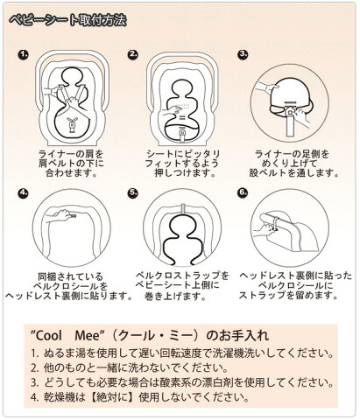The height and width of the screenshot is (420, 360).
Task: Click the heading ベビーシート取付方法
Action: pyautogui.click(x=67, y=20)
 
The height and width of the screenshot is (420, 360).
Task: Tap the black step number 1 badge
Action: pyautogui.click(x=24, y=54)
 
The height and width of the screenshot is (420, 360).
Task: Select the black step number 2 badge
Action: pyautogui.click(x=133, y=54)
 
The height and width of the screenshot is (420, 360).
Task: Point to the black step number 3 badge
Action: pyautogui.click(x=243, y=54)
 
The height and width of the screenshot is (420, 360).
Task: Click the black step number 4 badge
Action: pyautogui.click(x=24, y=193)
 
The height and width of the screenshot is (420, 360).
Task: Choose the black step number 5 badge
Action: pyautogui.click(x=133, y=193)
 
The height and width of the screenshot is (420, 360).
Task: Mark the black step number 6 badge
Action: pyautogui.click(x=243, y=193)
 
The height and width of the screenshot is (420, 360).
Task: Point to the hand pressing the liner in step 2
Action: pyautogui.click(x=172, y=111)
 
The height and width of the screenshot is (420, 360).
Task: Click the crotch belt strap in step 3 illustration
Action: pyautogui.click(x=291, y=122)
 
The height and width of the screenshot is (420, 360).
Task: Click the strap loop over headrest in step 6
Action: pyautogui.click(x=275, y=223)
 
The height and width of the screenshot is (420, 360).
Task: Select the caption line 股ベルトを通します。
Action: pyautogui.click(x=293, y=173)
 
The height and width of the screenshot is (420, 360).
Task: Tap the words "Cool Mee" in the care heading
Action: pyautogui.click(x=68, y=335)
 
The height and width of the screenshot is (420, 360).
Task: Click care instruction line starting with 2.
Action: pyautogui.click(x=129, y=368)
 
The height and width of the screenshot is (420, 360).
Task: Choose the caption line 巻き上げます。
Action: pyautogui.click(x=175, y=297)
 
